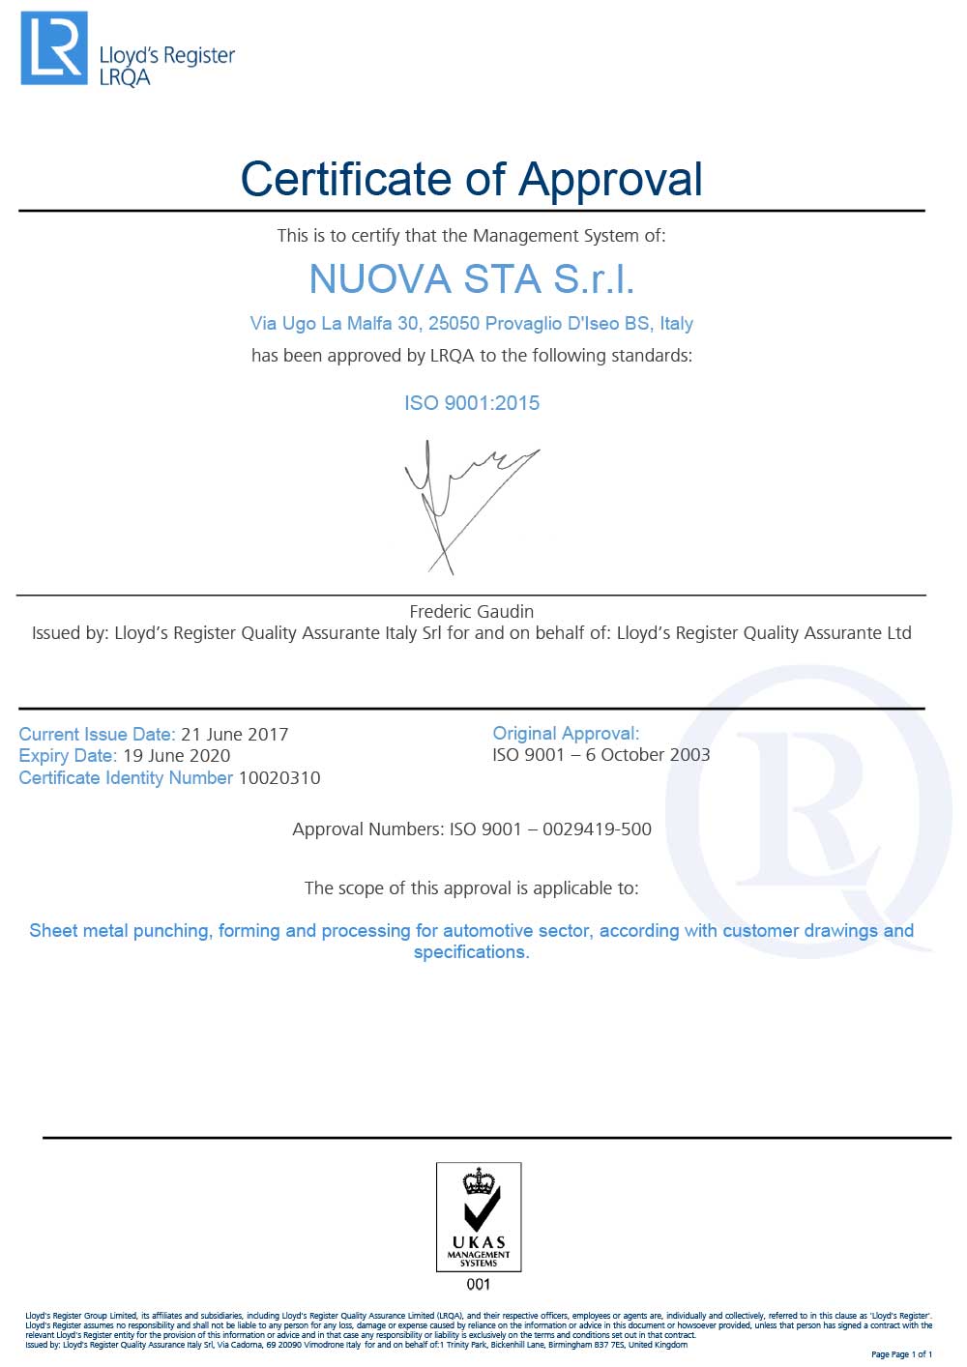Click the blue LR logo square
click(x=54, y=47)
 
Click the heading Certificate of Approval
click(x=471, y=179)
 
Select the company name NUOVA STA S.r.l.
click(x=471, y=279)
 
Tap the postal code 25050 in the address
click(x=454, y=323)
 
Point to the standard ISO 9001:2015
click(x=472, y=403)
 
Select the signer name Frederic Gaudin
click(x=472, y=611)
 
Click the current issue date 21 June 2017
click(x=235, y=734)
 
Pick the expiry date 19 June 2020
click(x=177, y=755)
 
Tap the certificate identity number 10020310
click(x=279, y=777)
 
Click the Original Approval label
click(x=566, y=733)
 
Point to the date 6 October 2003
click(x=648, y=754)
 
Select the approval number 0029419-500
click(x=597, y=829)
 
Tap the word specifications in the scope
click(x=471, y=952)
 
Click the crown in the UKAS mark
click(x=479, y=1180)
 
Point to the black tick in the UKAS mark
click(x=481, y=1209)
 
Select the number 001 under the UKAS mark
click(x=479, y=1284)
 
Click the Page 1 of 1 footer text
click(x=901, y=1353)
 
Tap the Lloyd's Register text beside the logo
click(x=166, y=56)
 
